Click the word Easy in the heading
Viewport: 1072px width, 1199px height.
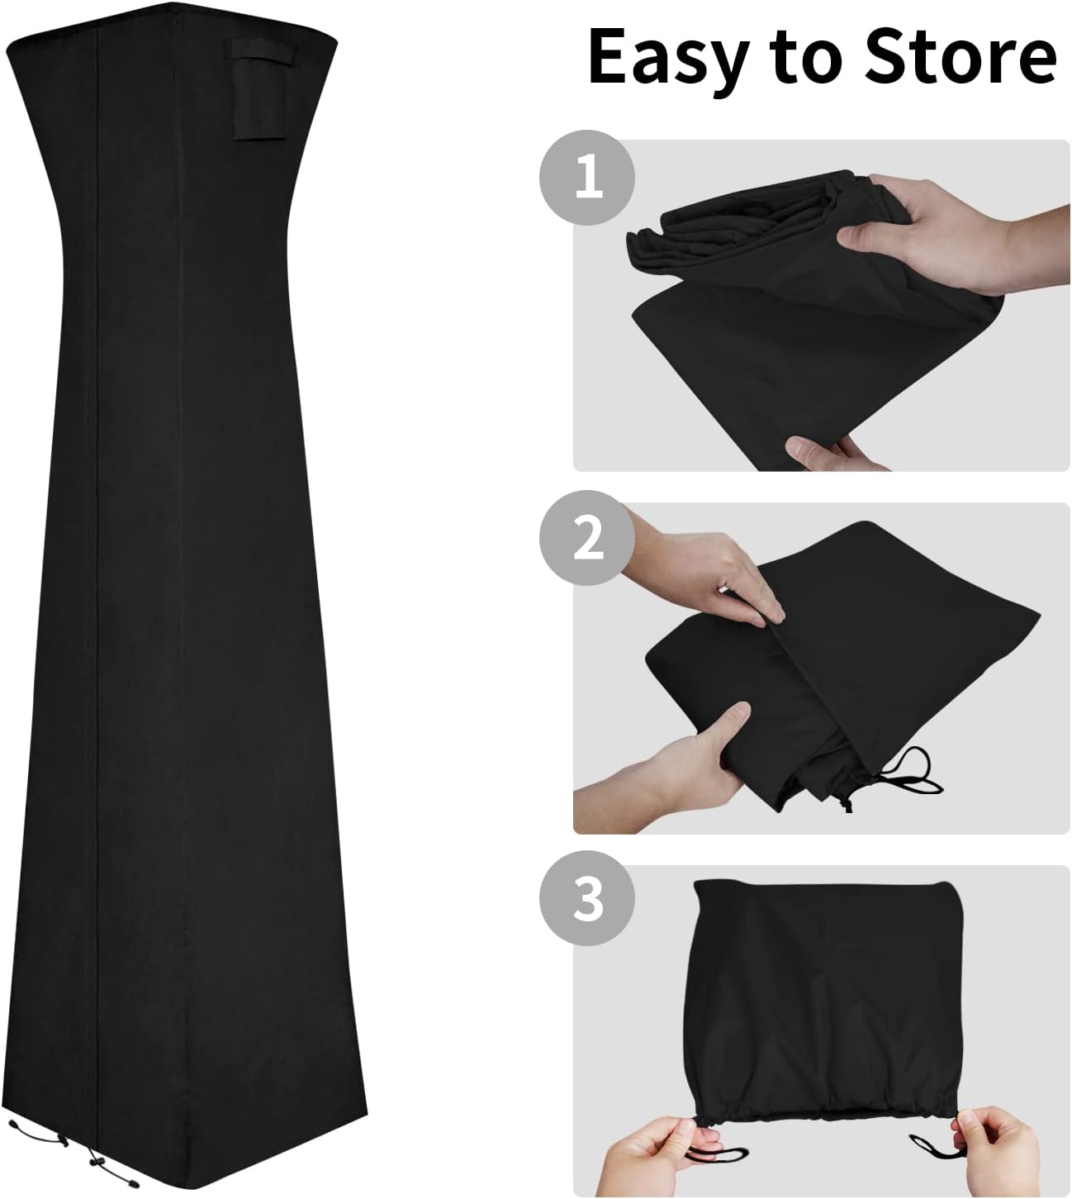(x=666, y=59)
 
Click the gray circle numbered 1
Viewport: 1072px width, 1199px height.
(x=587, y=178)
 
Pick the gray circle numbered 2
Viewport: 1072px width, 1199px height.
(x=587, y=539)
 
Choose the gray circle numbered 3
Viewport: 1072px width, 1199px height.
(x=587, y=899)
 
